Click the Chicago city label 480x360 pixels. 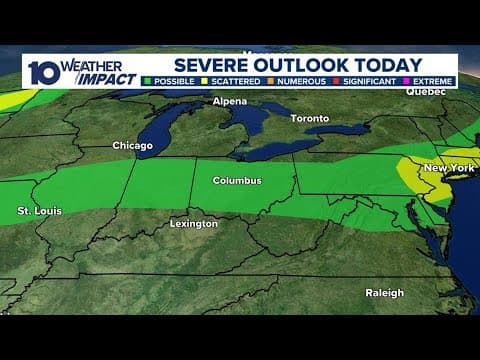pyautogui.click(x=132, y=146)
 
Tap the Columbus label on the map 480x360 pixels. pyautogui.click(x=237, y=181)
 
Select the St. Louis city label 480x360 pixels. pyautogui.click(x=37, y=212)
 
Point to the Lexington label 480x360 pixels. pyautogui.click(x=193, y=224)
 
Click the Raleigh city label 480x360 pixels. pyautogui.click(x=384, y=293)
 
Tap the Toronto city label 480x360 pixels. pyautogui.click(x=309, y=118)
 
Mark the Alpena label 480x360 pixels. pyautogui.click(x=229, y=102)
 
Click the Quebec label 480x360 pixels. pyautogui.click(x=425, y=91)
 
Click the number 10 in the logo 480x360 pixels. pyautogui.click(x=41, y=71)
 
